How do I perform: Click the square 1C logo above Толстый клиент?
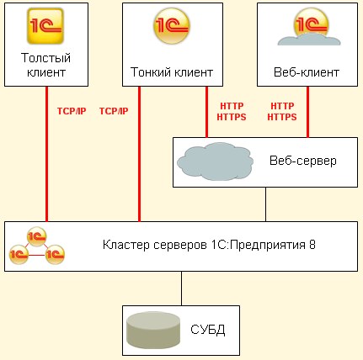pyautogui.click(x=45, y=26)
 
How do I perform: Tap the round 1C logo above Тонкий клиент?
pyautogui.click(x=172, y=26)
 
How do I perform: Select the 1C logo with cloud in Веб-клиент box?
pyautogui.click(x=309, y=27)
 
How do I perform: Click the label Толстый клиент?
pyautogui.click(x=46, y=65)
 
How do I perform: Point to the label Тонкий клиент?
pyautogui.click(x=172, y=72)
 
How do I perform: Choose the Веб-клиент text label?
pyautogui.click(x=307, y=72)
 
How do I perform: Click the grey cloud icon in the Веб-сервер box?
pyautogui.click(x=216, y=161)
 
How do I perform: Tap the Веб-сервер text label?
pyautogui.click(x=303, y=161)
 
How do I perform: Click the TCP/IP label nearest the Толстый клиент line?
pyautogui.click(x=72, y=111)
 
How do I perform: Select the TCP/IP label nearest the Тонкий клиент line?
pyautogui.click(x=114, y=111)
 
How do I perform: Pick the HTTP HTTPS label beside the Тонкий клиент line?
pyautogui.click(x=232, y=112)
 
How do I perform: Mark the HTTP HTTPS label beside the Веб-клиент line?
pyautogui.click(x=282, y=112)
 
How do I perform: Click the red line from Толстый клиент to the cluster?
pyautogui.click(x=47, y=154)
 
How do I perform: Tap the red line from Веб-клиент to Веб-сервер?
pyautogui.click(x=307, y=112)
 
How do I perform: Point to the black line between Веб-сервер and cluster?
pyautogui.click(x=266, y=204)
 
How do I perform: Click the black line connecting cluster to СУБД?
pyautogui.click(x=181, y=289)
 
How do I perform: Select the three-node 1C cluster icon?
pyautogui.click(x=37, y=246)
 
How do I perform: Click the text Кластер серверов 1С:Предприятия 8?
pyautogui.click(x=209, y=245)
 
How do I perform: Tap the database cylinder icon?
pyautogui.click(x=153, y=331)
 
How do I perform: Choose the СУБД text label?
pyautogui.click(x=208, y=330)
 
